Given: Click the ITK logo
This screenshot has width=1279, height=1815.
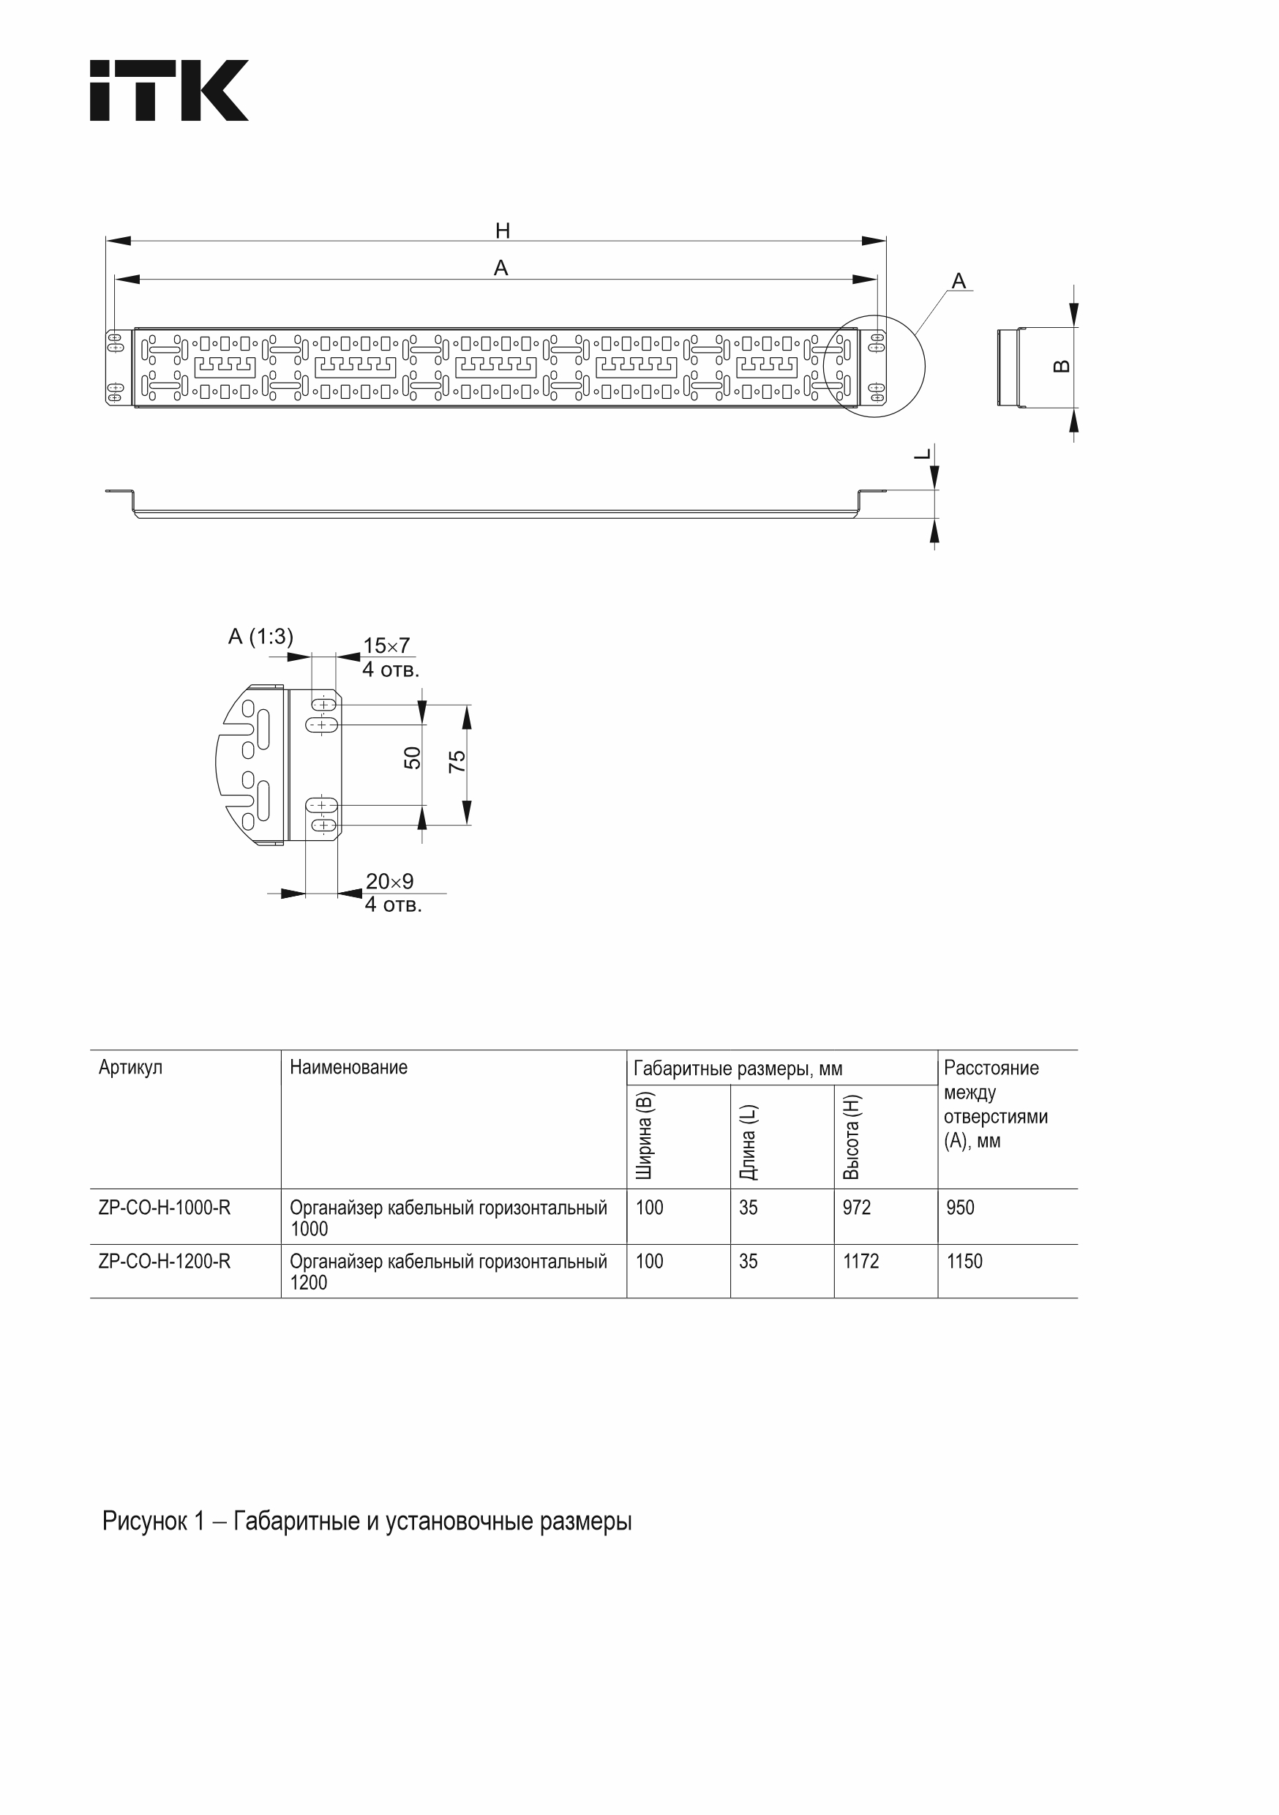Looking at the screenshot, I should click(169, 90).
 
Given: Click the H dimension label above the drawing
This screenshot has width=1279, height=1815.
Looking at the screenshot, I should click(503, 231).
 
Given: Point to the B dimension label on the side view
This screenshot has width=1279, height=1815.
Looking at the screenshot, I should click(1063, 366).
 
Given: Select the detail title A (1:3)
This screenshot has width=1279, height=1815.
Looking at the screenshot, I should click(260, 637).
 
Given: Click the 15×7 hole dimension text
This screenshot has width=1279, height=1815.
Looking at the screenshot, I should click(386, 645).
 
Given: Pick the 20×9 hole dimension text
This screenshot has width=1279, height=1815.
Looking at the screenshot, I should click(389, 881).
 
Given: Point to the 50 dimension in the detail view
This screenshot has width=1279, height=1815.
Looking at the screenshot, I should click(413, 758).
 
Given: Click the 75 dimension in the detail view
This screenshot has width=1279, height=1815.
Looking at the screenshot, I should click(457, 761).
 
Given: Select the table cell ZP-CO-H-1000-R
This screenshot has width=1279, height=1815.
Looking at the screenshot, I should click(165, 1208).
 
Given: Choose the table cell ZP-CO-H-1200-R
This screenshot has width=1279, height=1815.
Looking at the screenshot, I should click(165, 1262).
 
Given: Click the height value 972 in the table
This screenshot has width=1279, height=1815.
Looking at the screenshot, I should click(857, 1208).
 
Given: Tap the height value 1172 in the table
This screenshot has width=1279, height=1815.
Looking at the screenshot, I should click(860, 1262).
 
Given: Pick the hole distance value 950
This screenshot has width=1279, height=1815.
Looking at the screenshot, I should click(961, 1208).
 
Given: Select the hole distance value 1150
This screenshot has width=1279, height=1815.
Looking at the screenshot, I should click(964, 1262).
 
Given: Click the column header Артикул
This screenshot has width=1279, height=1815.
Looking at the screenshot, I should click(130, 1067).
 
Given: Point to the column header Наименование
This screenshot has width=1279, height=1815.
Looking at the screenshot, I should click(348, 1067).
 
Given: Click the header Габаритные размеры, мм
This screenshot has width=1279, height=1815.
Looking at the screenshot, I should click(738, 1069).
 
